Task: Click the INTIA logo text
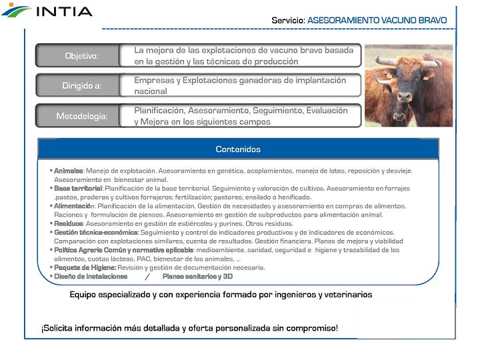[x=64, y=12]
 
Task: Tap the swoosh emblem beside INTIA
[x=16, y=11]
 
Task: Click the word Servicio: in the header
[x=288, y=21]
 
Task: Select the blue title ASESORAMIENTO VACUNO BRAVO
[x=377, y=21]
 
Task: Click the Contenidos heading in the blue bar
[x=238, y=149]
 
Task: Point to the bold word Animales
[x=68, y=171]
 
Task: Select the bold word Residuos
[x=69, y=224]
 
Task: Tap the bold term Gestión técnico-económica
[x=96, y=233]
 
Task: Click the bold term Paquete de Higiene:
[x=85, y=267]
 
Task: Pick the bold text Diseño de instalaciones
[x=91, y=276]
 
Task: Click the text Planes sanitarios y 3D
[x=197, y=276]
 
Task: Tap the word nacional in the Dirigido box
[x=151, y=91]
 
